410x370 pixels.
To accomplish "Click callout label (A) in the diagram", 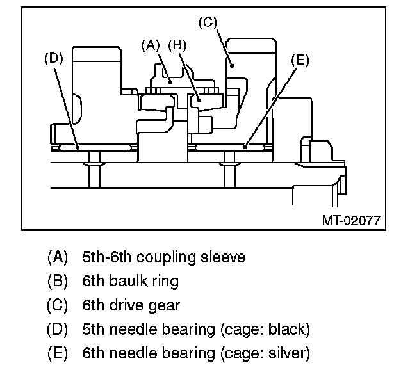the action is (x=151, y=45).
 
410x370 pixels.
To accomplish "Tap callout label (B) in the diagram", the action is (x=177, y=45).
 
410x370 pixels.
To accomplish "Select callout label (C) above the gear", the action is (x=208, y=22).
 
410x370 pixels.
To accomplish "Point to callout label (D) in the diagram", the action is (x=54, y=58).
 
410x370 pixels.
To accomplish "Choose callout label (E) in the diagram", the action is (x=300, y=60).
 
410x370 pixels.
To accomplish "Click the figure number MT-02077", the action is (x=351, y=221).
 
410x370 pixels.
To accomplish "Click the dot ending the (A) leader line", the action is (x=170, y=83).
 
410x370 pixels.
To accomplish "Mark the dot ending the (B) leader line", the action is (x=199, y=100).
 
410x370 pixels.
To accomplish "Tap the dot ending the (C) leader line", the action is (x=232, y=65).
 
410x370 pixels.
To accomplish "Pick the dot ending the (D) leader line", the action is (x=78, y=148).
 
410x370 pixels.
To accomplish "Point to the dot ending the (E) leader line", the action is (x=245, y=148).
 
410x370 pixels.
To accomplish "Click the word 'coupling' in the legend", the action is (x=166, y=257).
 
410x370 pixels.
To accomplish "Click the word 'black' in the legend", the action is (x=286, y=329).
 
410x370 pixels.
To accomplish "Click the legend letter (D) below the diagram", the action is (x=58, y=329).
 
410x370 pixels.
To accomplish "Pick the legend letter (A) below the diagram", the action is (x=58, y=257).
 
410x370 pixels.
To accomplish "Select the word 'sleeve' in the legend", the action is (x=223, y=257).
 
